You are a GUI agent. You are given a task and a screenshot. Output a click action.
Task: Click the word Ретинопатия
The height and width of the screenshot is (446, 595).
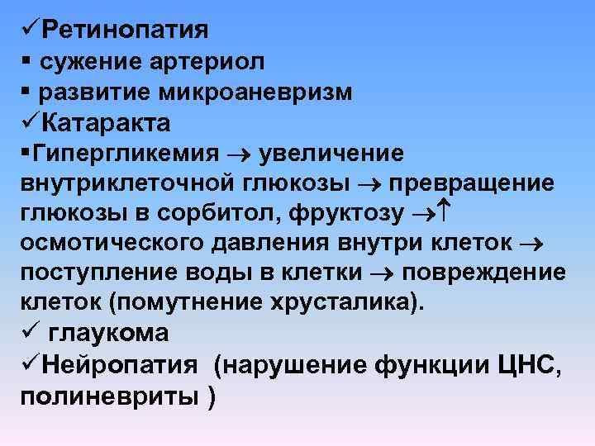click(125, 30)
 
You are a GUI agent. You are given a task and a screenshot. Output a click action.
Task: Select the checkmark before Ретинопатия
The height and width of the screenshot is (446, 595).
click(29, 30)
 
